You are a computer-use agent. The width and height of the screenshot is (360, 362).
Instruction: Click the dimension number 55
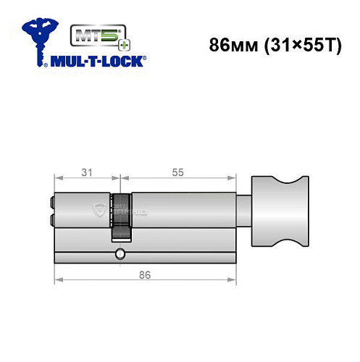(176, 172)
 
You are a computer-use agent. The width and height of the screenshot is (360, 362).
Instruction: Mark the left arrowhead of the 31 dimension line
(58, 179)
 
